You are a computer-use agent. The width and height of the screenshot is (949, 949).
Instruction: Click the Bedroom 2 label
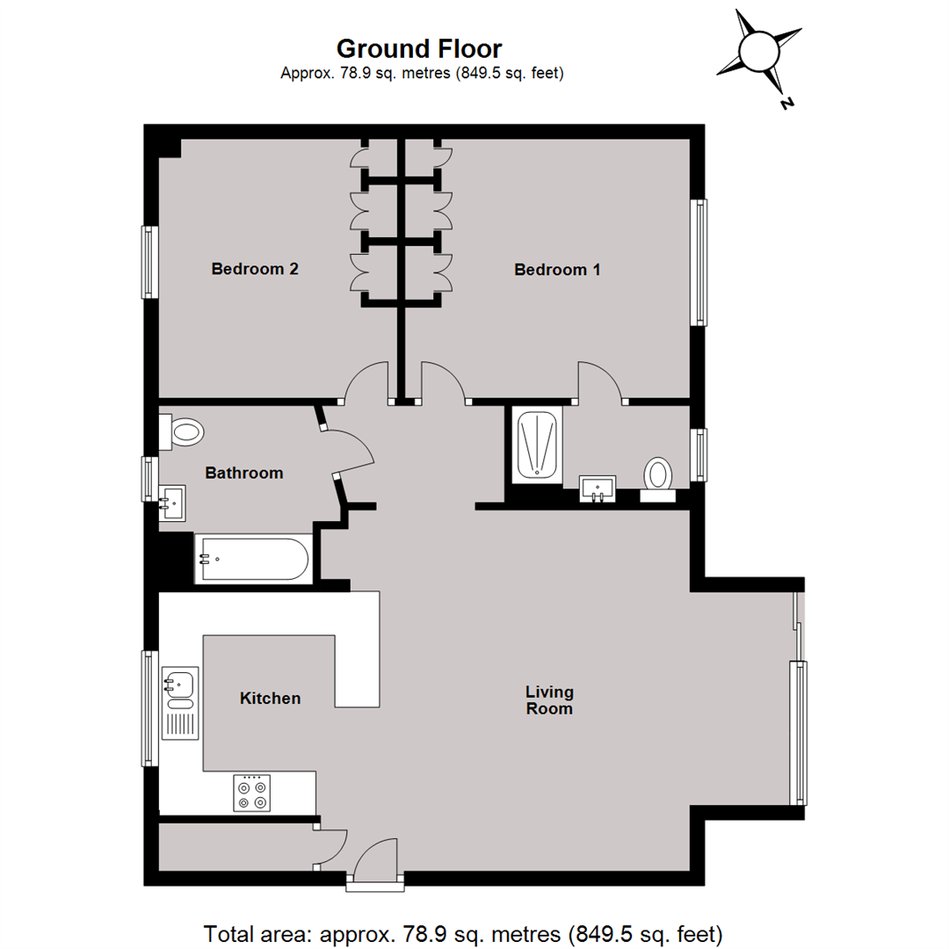[255, 269]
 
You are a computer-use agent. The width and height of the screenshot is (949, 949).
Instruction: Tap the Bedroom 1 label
[557, 270]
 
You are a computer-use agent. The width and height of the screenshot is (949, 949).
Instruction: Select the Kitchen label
[271, 699]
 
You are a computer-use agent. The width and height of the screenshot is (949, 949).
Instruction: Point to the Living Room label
[549, 699]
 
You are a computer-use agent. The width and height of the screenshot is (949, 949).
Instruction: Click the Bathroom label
[244, 473]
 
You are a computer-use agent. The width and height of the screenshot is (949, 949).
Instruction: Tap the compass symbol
[759, 52]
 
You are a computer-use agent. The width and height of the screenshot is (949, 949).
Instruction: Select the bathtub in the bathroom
[253, 559]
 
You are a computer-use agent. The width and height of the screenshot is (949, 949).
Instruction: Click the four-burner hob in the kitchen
[253, 793]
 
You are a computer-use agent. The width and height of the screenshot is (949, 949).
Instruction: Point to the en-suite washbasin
[598, 488]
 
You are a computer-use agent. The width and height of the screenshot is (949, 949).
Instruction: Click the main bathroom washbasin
[173, 502]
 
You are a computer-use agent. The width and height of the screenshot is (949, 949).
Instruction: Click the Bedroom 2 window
[150, 262]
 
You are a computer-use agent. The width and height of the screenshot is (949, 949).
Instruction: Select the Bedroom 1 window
[700, 262]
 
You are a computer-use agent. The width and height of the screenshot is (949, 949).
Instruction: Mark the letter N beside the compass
[786, 103]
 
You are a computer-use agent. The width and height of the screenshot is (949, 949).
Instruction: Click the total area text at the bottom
[463, 931]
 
